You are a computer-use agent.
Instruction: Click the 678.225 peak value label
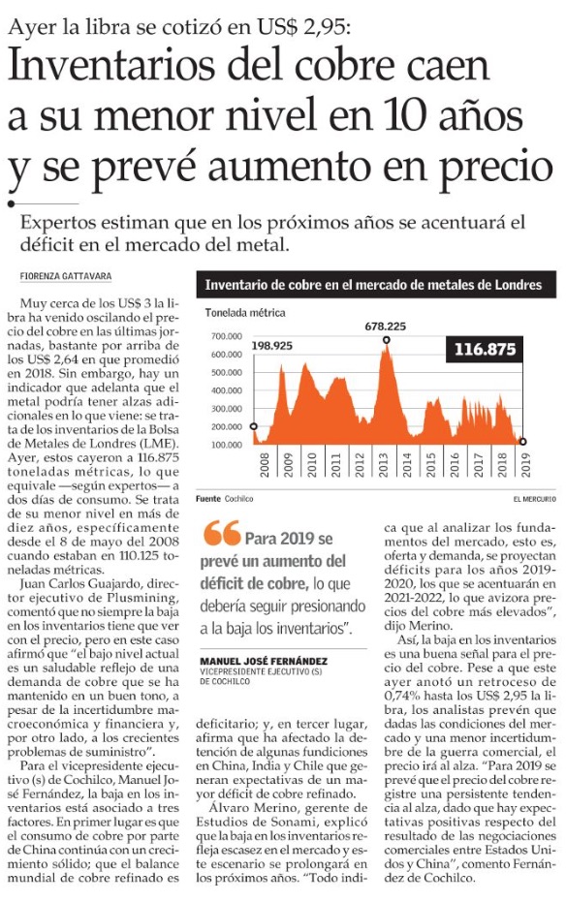385,327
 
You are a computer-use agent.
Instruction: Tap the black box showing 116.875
485,349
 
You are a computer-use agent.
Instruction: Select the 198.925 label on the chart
271,346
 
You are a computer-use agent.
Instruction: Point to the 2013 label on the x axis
383,465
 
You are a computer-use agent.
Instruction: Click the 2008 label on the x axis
265,465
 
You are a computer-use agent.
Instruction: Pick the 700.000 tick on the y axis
226,336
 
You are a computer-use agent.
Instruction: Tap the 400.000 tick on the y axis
226,390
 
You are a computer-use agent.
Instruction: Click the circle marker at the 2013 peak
386,340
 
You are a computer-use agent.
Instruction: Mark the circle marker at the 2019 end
522,441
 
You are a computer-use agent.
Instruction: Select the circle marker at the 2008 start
254,426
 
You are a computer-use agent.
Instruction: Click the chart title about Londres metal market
373,285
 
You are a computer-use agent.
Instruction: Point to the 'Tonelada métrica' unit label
245,313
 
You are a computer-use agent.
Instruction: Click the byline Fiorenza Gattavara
66,276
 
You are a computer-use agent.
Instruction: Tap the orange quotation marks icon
221,533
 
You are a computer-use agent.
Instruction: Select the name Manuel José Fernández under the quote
264,662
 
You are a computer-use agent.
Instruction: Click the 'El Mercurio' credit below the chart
534,499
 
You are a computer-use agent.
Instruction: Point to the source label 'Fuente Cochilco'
224,499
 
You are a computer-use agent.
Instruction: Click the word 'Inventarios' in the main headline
112,66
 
